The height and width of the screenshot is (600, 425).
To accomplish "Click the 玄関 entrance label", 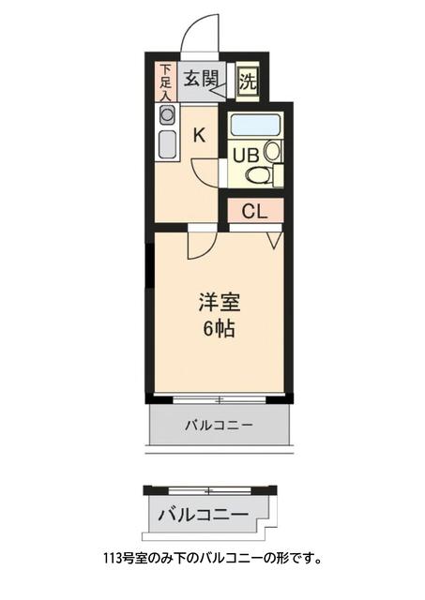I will (198, 78).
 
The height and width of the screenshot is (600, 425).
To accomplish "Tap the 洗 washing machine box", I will (247, 81).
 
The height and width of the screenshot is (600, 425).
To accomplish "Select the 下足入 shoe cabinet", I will (165, 82).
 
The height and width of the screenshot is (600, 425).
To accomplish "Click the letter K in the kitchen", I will (199, 135).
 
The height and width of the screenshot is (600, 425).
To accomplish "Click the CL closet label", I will (254, 211).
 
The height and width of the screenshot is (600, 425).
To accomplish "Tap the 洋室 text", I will (220, 303).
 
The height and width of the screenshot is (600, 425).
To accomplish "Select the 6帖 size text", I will (219, 329).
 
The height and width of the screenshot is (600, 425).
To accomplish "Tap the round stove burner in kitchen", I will (167, 115).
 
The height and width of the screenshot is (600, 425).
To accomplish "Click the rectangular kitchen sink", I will (167, 145).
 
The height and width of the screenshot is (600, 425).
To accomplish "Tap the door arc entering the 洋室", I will (200, 244).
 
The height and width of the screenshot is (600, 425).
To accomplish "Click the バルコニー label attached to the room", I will (219, 425).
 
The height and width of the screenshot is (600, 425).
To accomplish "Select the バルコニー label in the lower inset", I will (203, 515).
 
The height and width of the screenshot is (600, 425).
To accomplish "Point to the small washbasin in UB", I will (271, 150).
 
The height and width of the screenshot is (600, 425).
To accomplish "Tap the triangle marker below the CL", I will (275, 240).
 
